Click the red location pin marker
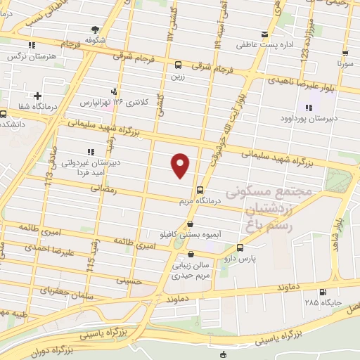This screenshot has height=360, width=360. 181,165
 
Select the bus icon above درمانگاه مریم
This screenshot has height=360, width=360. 200,190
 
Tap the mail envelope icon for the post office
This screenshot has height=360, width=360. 264,34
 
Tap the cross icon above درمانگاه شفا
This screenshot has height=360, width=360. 37,96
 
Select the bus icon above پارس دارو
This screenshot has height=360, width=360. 240,247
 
